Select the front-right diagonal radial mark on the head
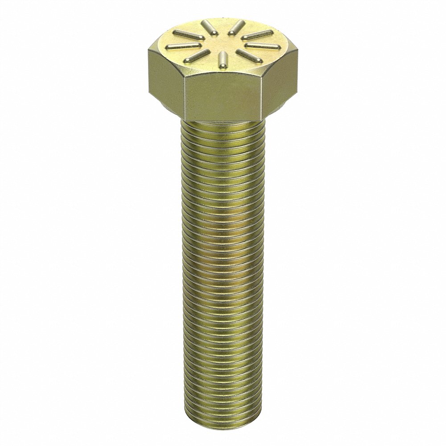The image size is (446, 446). coord(246,55)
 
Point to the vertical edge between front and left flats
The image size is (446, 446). coord(183,96)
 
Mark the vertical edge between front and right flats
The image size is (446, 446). coord(261,96)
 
